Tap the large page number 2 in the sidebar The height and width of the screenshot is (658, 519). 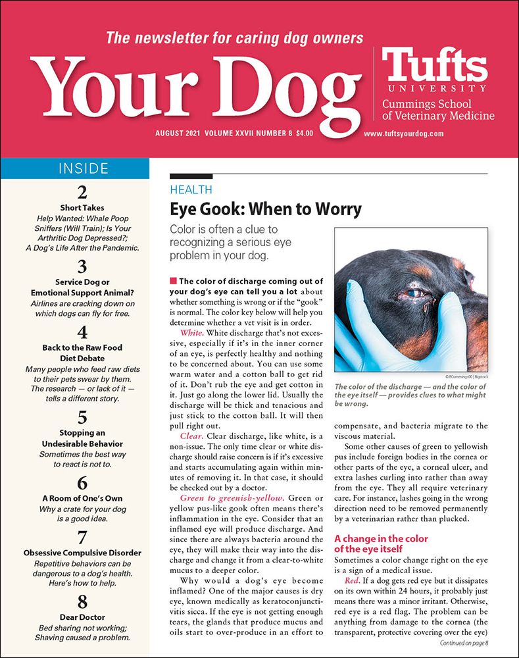[x=82, y=193]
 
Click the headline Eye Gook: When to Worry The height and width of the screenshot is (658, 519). [x=266, y=210]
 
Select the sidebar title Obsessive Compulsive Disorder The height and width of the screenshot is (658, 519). [x=82, y=553]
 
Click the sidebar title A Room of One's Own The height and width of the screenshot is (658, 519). [x=82, y=498]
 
